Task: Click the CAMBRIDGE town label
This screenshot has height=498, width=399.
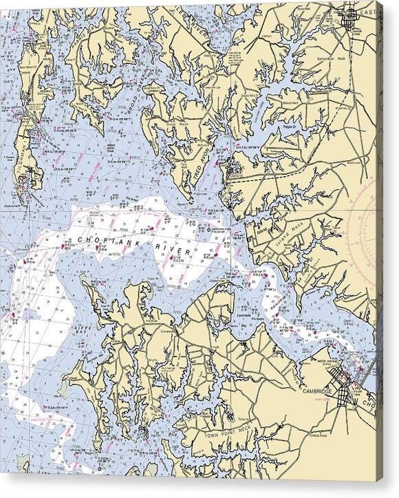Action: click(317, 392)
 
